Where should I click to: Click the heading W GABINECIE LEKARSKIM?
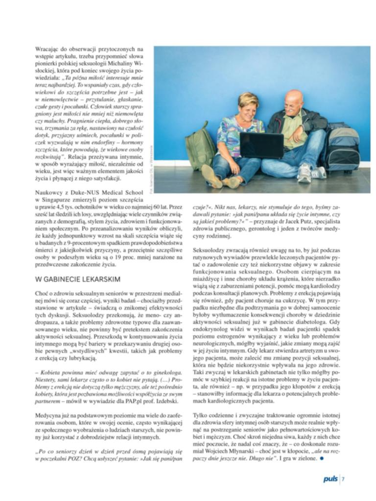[78, 279]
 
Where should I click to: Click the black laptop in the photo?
[261, 145]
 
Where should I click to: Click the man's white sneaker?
[305, 173]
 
